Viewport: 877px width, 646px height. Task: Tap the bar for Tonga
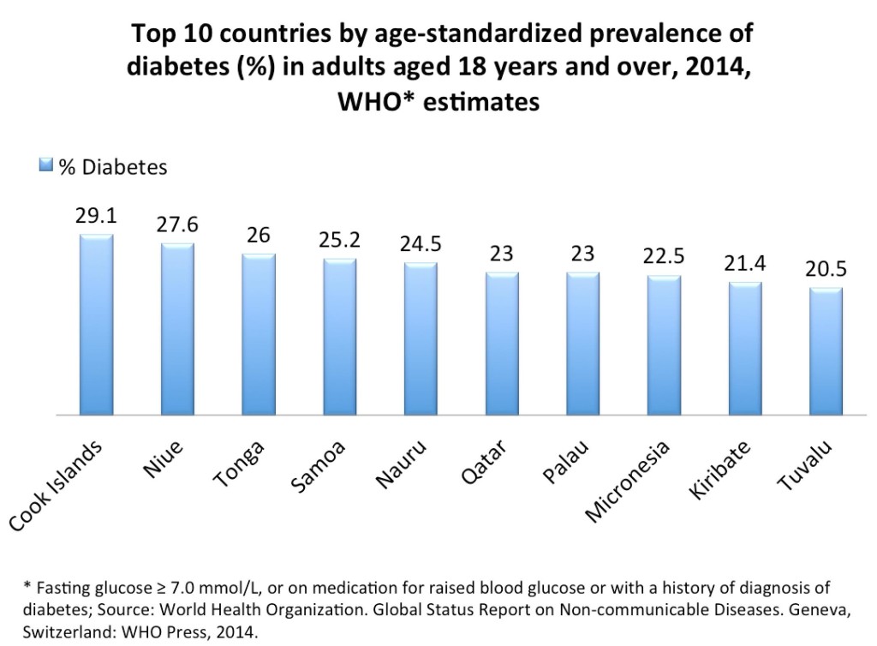259,333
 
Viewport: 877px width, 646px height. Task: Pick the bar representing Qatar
502,343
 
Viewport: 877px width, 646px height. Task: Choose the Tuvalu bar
826,350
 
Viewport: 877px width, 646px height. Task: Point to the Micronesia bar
665,344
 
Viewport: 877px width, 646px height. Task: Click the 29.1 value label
96,218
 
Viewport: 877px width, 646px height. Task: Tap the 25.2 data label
340,242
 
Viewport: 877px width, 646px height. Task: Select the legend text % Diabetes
113,166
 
